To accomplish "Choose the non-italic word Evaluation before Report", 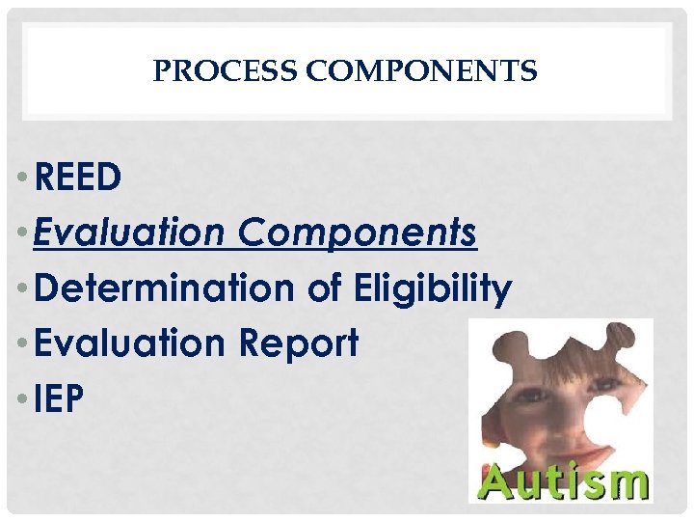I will coord(129,343).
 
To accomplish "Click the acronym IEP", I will coord(59,398).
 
